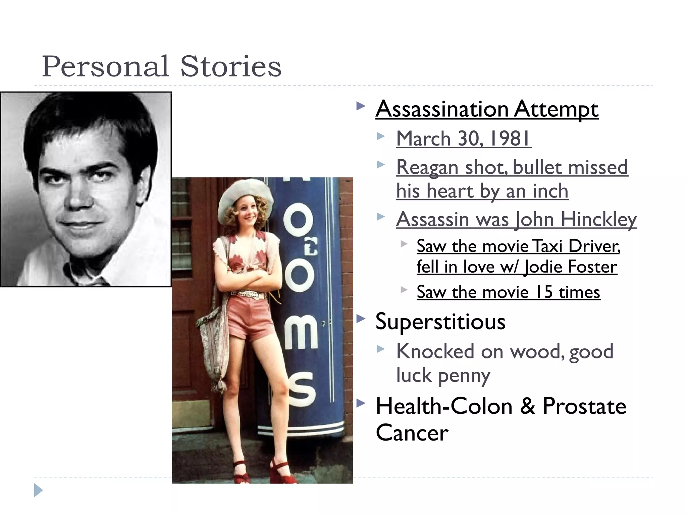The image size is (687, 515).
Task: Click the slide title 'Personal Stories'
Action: coord(161,66)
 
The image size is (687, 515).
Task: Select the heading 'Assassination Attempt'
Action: coord(487,109)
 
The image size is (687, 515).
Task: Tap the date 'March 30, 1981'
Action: coord(463,138)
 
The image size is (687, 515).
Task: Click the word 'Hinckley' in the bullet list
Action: coord(598,220)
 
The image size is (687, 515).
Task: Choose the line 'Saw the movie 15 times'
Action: coord(508,292)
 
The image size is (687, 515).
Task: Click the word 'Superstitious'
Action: coord(440,321)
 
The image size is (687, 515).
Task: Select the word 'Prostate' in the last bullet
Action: coord(584,406)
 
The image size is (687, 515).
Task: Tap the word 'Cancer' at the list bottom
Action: coord(412,433)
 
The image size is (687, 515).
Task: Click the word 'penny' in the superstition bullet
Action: coord(464,375)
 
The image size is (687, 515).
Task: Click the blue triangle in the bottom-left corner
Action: coord(38,490)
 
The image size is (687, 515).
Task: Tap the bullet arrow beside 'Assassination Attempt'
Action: coord(361,107)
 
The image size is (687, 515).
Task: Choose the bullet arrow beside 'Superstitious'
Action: coord(361,319)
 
